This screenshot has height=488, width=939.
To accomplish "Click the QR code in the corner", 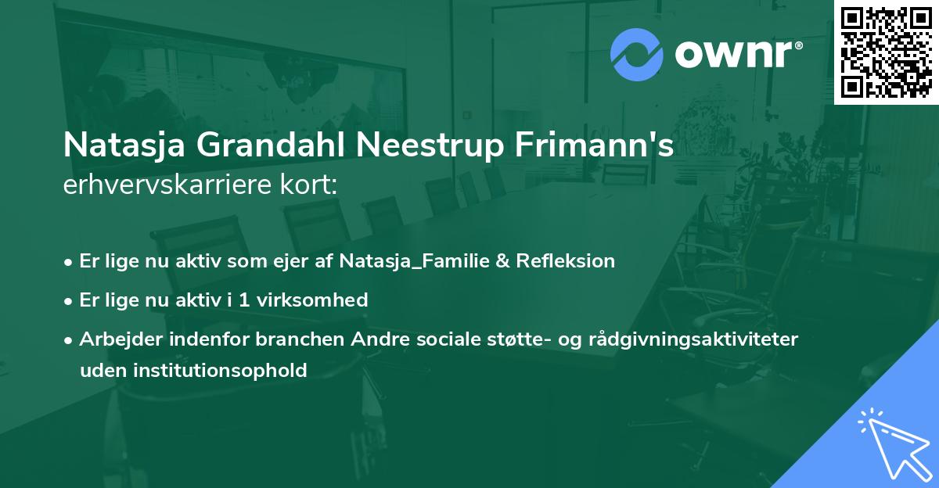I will click(887, 52).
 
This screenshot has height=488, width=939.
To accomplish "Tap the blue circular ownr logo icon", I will click(636, 54).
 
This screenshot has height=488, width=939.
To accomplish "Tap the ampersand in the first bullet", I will click(502, 261).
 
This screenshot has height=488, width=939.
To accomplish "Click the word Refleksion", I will click(565, 261).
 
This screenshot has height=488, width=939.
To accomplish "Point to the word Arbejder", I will click(117, 339).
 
